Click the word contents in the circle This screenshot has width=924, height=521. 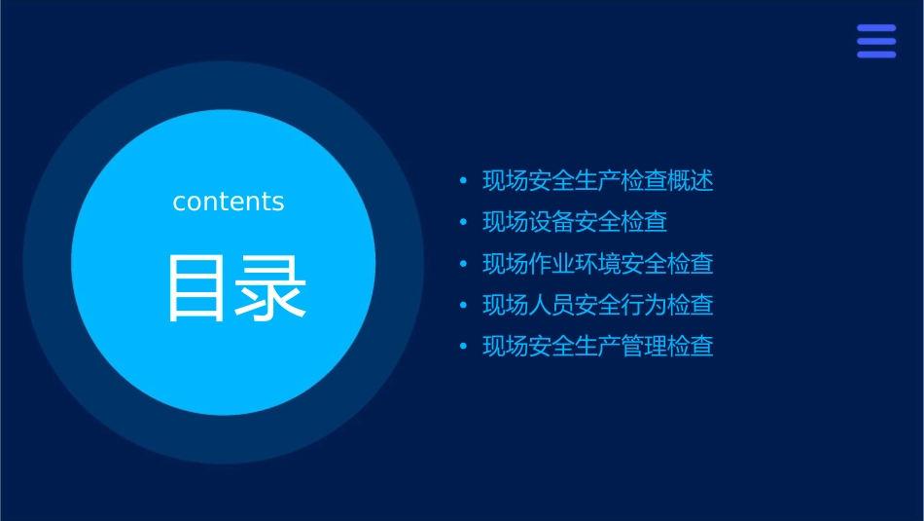pos(229,202)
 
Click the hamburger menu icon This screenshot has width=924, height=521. pos(875,42)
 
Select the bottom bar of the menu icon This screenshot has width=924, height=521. pos(875,55)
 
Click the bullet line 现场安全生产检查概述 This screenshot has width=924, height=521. pos(597,181)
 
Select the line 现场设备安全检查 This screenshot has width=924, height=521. pos(575,222)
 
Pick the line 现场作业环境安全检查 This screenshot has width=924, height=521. pos(597,264)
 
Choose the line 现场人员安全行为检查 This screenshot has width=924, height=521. pos(597,305)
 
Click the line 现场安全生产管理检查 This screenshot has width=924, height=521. pos(597,346)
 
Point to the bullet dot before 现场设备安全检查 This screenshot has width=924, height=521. pos(463,223)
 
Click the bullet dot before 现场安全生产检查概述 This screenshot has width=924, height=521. pos(463,182)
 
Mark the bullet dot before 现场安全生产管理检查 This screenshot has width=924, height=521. pos(463,347)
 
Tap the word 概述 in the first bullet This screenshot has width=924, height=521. pos(691,181)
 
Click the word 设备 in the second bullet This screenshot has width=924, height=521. pos(551,222)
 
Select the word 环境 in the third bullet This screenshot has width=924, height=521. pos(598,264)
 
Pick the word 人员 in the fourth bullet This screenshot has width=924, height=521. pos(551,305)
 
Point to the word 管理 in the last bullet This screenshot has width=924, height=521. pos(644,346)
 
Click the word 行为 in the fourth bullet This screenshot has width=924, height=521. pos(644,305)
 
